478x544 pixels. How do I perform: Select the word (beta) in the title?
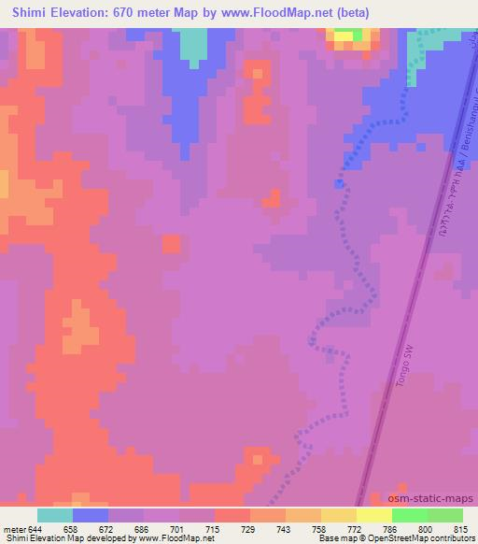(x=348, y=13)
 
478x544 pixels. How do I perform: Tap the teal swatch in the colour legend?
(x=55, y=515)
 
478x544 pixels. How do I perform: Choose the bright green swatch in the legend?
(x=409, y=515)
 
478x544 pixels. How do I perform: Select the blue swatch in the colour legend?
(x=91, y=515)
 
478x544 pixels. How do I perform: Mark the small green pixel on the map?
(x=358, y=36)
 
